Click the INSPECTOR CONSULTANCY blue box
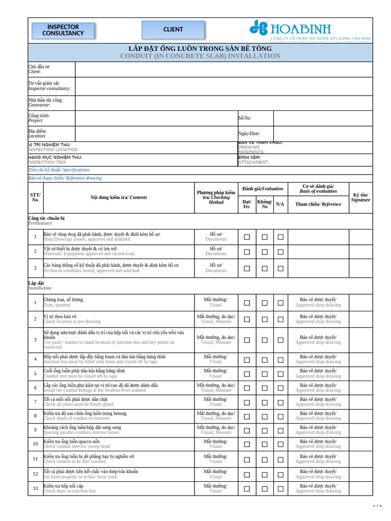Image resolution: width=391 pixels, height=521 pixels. pos(63,30)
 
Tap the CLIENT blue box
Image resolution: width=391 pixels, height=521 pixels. pos(173,30)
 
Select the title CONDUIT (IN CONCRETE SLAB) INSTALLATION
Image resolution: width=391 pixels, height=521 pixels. pos(200,56)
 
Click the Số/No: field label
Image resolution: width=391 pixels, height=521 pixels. pos(245,118)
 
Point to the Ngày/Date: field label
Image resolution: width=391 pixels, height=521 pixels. pos(249,133)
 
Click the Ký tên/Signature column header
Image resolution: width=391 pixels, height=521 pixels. pos(360,197)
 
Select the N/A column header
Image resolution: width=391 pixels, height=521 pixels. pos(280,204)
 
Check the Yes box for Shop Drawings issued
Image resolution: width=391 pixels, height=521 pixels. pos(247,237)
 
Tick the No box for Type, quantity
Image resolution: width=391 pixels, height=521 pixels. pos(265,303)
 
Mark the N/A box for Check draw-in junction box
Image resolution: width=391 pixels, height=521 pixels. pos(281,488)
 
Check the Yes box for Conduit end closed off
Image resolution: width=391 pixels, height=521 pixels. pos(247,373)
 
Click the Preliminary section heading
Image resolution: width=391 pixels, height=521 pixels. pos(40,223)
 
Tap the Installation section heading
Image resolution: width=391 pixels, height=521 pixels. pos(40,288)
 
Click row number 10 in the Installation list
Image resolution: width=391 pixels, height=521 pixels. pos(35,444)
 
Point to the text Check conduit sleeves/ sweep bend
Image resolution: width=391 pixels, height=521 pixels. pos(76,446)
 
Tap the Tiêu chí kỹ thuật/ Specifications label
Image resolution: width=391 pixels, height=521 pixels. pos(60,170)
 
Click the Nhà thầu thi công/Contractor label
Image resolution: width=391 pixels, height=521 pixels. pos(45,103)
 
